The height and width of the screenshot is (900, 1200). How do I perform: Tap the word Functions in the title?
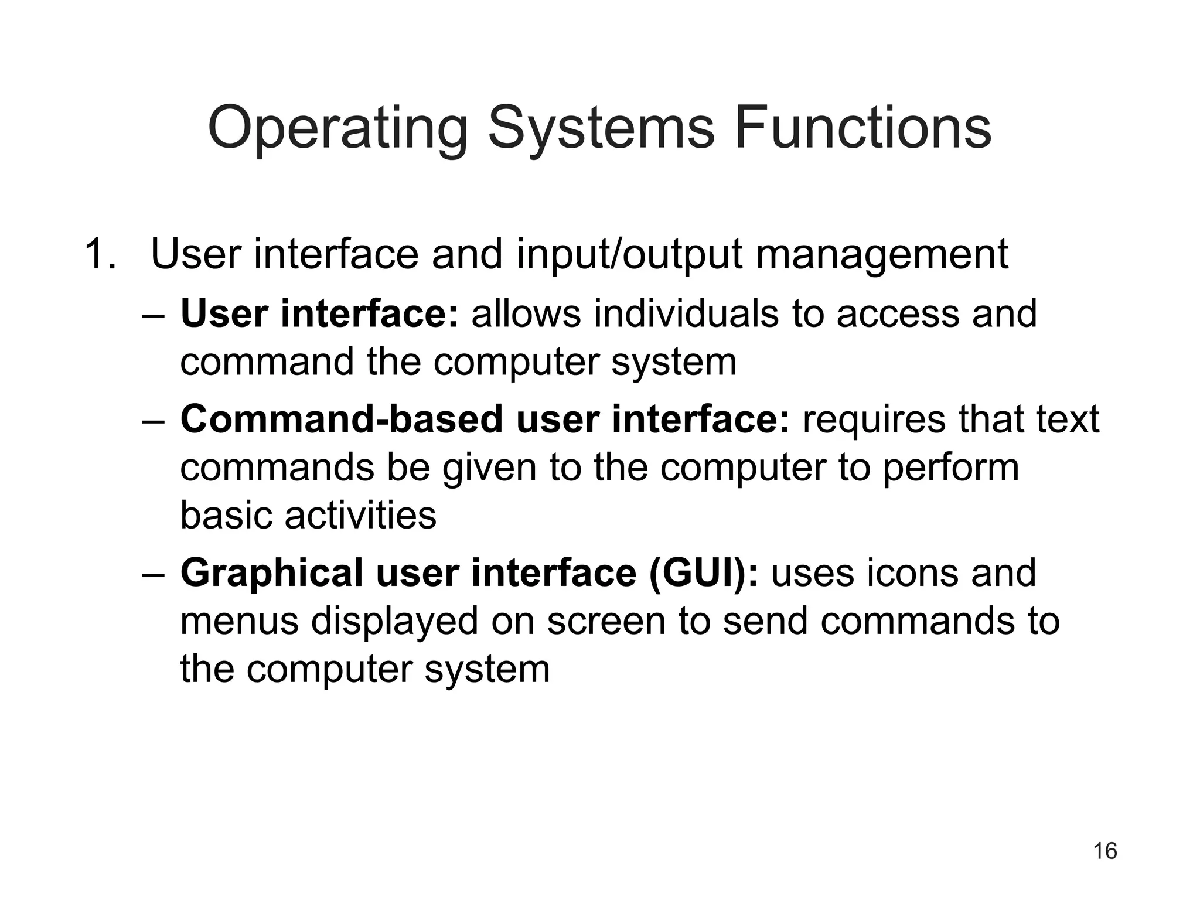pos(862,128)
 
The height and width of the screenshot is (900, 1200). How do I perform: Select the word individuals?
pos(686,313)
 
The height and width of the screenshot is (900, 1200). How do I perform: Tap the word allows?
pos(526,313)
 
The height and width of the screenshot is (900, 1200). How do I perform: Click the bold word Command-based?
pos(342,420)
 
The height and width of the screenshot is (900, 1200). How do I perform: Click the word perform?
pos(950,468)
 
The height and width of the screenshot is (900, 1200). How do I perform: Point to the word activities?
pos(360,516)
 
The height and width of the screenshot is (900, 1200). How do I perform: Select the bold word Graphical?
pos(272,574)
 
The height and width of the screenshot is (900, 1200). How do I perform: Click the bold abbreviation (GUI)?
pos(703,574)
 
